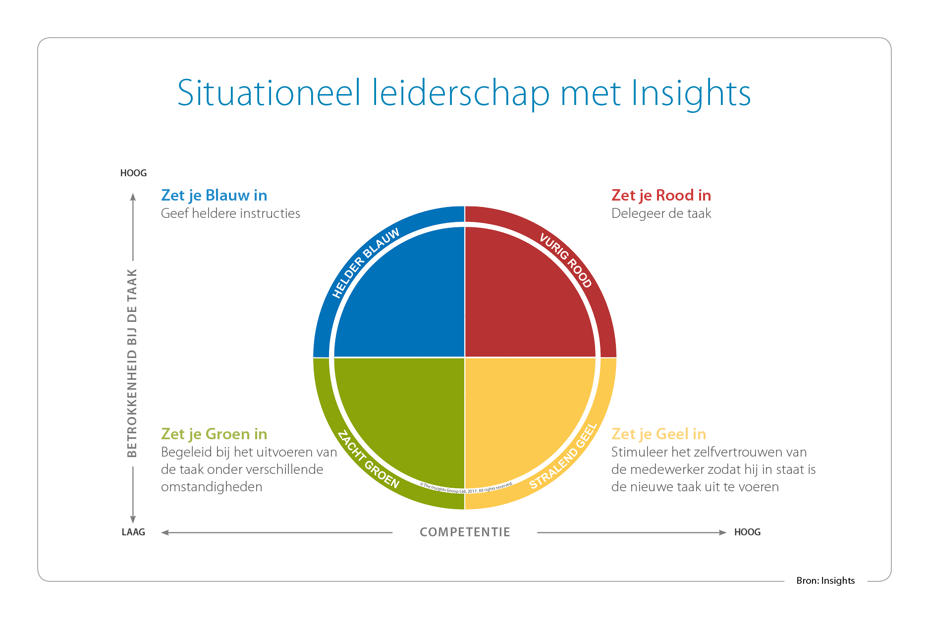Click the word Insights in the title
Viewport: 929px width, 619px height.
tap(691, 94)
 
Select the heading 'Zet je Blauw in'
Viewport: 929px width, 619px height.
tap(214, 196)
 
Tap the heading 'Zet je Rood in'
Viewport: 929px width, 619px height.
tap(661, 196)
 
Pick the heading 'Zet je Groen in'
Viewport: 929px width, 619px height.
tap(214, 434)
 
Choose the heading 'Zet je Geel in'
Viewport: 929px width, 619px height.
tap(658, 434)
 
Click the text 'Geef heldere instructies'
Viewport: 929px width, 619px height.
tap(230, 213)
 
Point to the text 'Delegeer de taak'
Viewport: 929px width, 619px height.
tap(661, 213)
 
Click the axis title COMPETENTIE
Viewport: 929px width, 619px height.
tap(465, 532)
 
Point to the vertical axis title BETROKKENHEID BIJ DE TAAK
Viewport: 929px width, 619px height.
tap(132, 363)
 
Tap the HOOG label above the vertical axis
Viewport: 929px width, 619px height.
tap(133, 173)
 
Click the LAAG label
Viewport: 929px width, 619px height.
tap(133, 532)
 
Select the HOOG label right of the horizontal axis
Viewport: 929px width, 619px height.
tap(747, 532)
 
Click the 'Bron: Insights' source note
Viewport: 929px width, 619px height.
tap(825, 581)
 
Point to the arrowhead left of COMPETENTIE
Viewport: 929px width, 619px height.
tap(165, 532)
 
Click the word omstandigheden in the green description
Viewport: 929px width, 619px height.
tap(212, 487)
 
